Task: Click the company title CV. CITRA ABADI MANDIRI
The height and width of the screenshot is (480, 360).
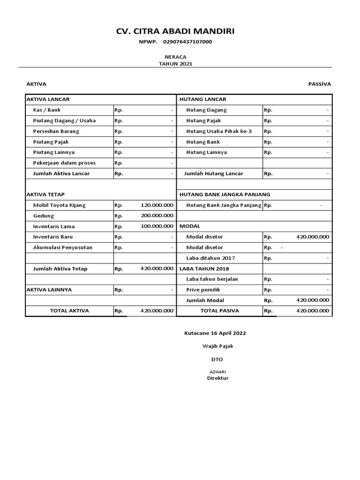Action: (175, 31)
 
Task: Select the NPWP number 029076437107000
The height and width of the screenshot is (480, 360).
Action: (187, 42)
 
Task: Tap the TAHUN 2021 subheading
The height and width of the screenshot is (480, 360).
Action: (175, 64)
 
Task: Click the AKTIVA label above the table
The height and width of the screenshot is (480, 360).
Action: (36, 84)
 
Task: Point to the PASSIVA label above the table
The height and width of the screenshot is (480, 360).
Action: (319, 84)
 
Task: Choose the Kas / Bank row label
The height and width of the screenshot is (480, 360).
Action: (47, 110)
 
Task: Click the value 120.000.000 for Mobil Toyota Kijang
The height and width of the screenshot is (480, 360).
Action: (157, 205)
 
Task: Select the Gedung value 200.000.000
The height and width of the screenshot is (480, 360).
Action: (157, 216)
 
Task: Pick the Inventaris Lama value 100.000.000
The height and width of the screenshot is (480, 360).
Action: (157, 226)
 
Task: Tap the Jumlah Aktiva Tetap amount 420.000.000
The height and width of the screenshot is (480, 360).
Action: (157, 269)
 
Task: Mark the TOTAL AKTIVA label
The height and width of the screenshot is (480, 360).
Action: (69, 310)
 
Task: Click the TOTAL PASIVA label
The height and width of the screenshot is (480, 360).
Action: (220, 310)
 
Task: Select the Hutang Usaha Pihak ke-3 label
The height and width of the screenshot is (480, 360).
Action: (219, 131)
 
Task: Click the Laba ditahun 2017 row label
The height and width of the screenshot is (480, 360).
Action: (210, 258)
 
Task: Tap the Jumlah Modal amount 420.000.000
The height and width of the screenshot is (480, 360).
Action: (313, 300)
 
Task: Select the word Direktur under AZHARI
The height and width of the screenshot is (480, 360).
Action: (217, 378)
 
